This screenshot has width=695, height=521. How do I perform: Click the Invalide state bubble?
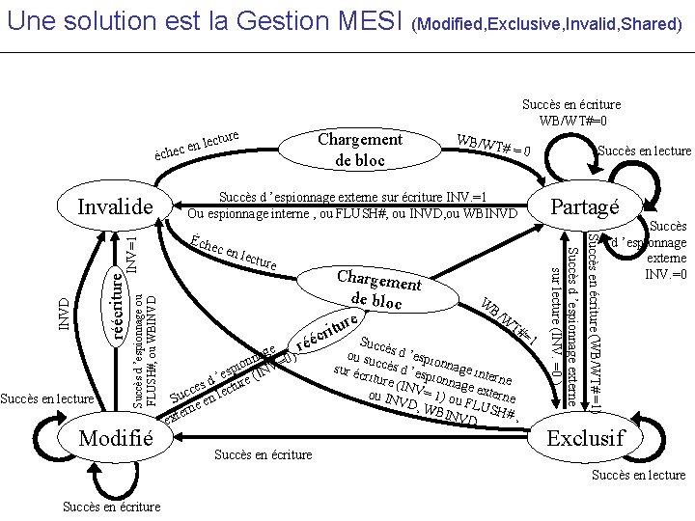point(116,207)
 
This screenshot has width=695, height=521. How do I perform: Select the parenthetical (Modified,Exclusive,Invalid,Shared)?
point(547,23)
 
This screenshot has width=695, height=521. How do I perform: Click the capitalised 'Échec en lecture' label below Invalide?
point(234,251)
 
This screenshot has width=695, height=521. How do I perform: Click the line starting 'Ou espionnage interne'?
point(352,212)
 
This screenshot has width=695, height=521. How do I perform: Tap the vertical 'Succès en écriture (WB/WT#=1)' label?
point(598,328)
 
